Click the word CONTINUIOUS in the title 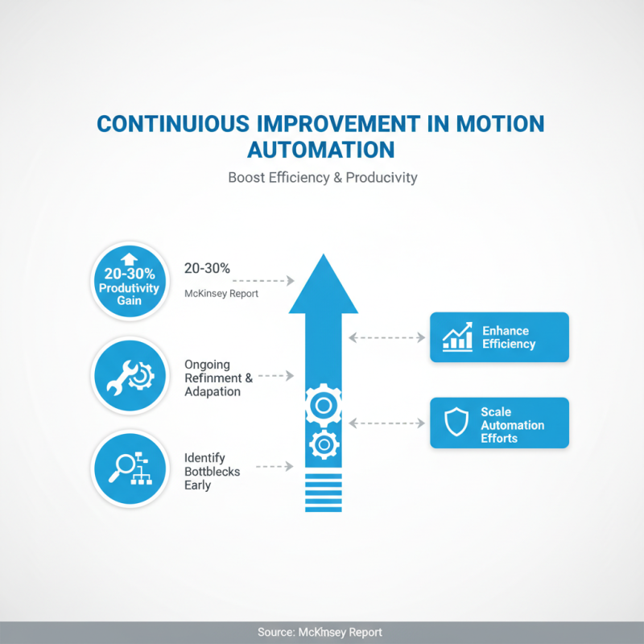pyautogui.click(x=172, y=124)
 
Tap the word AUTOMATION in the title pyautogui.click(x=320, y=150)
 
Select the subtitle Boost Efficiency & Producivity pyautogui.click(x=322, y=177)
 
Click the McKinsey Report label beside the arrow pyautogui.click(x=221, y=294)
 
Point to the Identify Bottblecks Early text pyautogui.click(x=212, y=472)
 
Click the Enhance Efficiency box pyautogui.click(x=499, y=337)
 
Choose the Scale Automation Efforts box pyautogui.click(x=499, y=423)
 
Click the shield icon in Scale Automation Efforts pyautogui.click(x=456, y=423)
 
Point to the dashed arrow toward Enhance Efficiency pyautogui.click(x=388, y=337)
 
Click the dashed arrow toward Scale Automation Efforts pyautogui.click(x=388, y=423)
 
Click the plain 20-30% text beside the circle pyautogui.click(x=207, y=269)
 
